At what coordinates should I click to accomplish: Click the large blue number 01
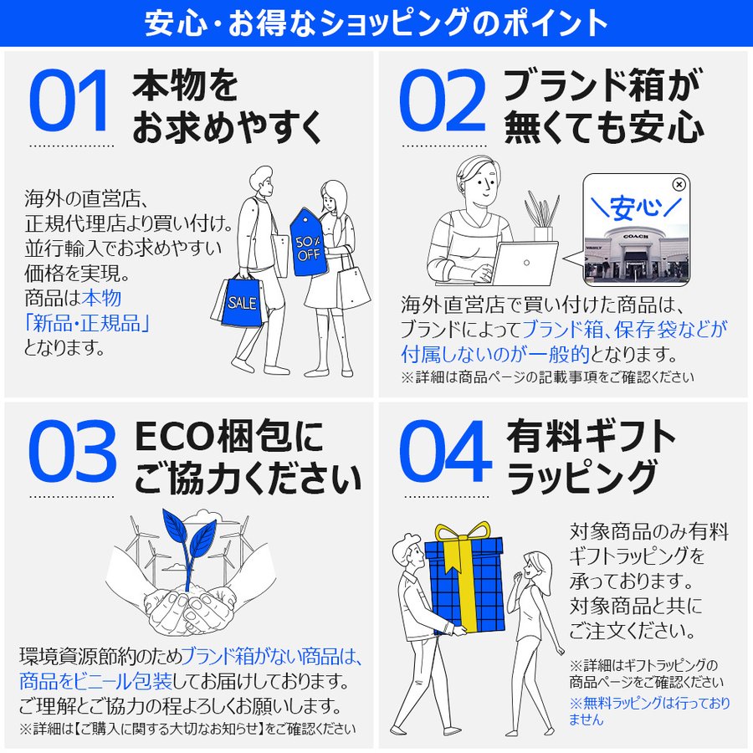[x=70, y=103]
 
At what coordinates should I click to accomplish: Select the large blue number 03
[x=72, y=453]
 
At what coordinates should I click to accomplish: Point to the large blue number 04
[x=443, y=453]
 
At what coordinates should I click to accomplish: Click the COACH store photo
[x=636, y=250]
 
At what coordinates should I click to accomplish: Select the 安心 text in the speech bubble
[x=635, y=206]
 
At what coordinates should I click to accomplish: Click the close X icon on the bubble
[x=679, y=185]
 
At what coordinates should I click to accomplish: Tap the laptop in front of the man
[x=523, y=264]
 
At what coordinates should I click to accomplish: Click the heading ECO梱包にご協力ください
[x=247, y=456]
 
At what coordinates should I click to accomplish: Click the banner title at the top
[x=376, y=23]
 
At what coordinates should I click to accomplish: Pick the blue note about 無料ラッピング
[x=648, y=710]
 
